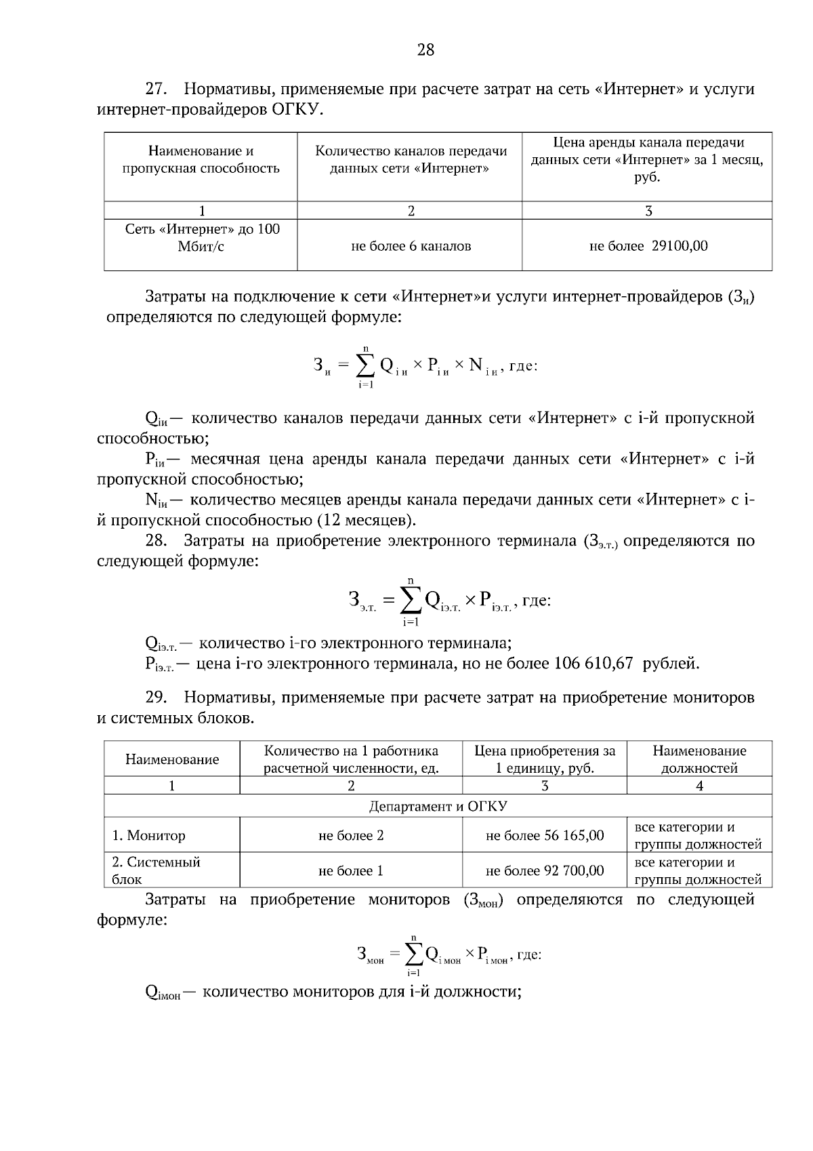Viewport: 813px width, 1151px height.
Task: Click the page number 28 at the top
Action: coord(425,49)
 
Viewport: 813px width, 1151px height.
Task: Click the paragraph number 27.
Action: coord(157,89)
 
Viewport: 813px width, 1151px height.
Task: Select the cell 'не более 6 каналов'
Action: coord(411,246)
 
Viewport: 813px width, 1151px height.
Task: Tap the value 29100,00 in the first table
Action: coord(680,246)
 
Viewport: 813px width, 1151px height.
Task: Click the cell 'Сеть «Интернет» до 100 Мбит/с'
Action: coord(202,238)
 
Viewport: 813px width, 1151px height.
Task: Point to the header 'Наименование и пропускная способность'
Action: coord(201,160)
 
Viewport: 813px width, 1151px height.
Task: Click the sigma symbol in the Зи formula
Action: coord(365,367)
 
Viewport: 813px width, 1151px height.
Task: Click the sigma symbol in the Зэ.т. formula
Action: coord(411,599)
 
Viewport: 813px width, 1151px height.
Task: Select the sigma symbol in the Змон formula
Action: coord(413,955)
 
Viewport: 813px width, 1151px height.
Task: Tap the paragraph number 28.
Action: coord(157,541)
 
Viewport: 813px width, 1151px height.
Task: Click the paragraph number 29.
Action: coord(157,698)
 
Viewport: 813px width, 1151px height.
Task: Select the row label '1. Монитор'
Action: coord(148,836)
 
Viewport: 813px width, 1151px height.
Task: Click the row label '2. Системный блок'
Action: coord(156,871)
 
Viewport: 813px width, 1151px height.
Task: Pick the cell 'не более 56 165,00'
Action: coord(545,836)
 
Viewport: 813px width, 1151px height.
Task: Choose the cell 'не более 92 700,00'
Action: coord(545,871)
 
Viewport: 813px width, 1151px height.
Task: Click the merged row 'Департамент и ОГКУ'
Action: coord(438,806)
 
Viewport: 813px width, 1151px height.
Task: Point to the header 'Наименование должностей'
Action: coord(699,759)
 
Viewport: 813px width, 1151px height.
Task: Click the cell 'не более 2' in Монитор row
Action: coord(351,836)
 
